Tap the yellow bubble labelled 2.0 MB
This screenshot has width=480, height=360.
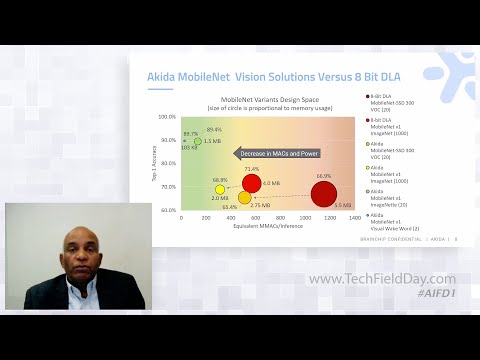(x=220, y=189)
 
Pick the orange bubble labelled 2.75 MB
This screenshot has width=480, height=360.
(x=245, y=198)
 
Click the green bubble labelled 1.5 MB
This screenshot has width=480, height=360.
(x=197, y=142)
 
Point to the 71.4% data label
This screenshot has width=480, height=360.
(x=252, y=169)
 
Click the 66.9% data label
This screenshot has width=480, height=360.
(x=323, y=175)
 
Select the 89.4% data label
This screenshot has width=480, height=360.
(x=214, y=130)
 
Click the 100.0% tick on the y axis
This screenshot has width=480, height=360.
(x=167, y=117)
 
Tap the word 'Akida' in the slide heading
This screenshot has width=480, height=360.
(x=165, y=75)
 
